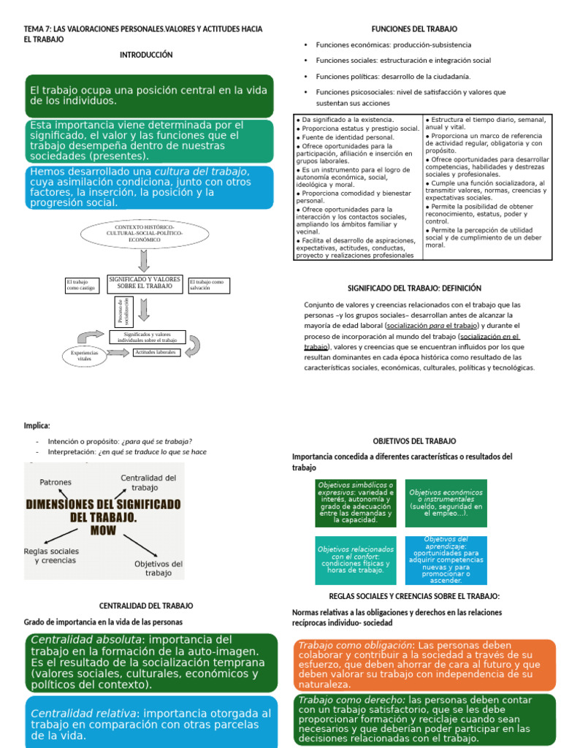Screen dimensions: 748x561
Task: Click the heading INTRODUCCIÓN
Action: (146, 55)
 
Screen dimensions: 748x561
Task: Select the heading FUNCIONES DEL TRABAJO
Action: (414, 28)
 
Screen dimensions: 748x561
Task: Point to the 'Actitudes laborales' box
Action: (156, 352)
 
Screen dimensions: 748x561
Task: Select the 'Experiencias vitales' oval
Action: (85, 356)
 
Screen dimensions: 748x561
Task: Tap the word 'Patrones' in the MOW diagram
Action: (56, 482)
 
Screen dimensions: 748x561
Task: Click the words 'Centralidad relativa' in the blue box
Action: (85, 713)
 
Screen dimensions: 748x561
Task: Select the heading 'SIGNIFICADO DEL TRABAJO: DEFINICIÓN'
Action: (413, 289)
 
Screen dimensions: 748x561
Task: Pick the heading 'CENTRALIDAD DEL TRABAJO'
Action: (146, 606)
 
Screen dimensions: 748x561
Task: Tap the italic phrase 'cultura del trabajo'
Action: (202, 171)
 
